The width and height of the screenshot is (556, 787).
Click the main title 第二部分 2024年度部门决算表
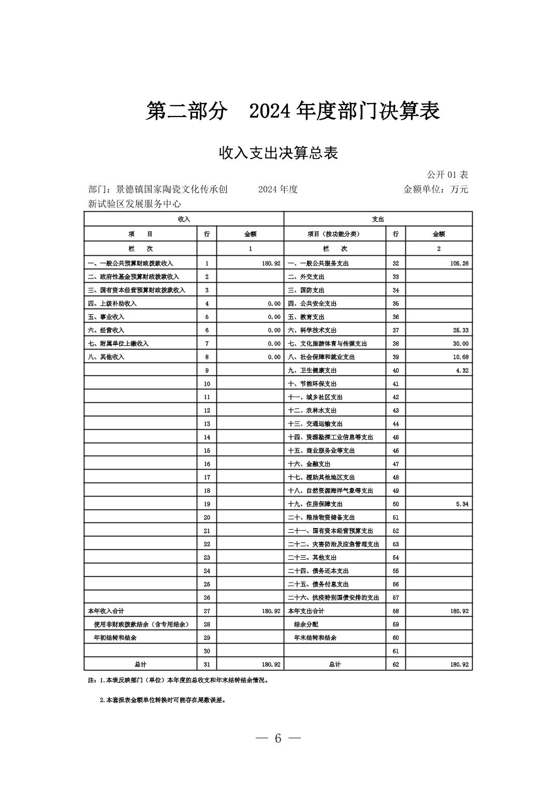(292, 111)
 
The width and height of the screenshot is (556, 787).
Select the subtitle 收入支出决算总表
(278, 153)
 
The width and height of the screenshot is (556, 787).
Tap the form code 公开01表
(447, 174)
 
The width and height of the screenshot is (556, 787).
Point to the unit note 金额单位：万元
(435, 190)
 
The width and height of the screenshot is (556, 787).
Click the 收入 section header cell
(184, 219)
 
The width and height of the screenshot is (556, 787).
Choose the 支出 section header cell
(378, 219)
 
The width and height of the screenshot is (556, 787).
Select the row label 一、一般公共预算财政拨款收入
(130, 264)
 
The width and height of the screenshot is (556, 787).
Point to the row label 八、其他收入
(106, 357)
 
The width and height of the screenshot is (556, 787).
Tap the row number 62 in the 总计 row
(396, 665)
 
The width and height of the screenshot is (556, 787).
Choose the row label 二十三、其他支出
(312, 558)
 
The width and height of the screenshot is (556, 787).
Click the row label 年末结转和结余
(315, 638)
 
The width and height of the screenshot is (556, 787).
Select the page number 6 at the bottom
(278, 738)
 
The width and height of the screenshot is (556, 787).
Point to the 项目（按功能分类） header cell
(334, 234)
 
